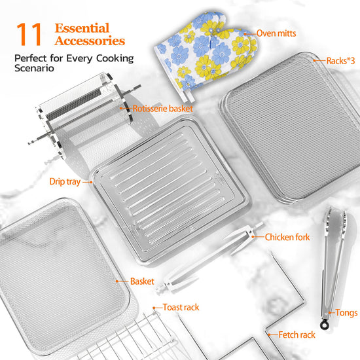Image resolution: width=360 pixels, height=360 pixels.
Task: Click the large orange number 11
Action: [x=29, y=34]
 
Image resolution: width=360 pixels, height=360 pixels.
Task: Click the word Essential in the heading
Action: [x=82, y=28]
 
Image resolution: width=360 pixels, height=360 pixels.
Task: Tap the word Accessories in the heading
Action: [x=90, y=41]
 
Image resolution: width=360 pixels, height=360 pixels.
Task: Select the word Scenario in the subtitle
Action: [x=34, y=68]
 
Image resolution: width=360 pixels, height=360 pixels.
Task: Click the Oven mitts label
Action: [x=276, y=33]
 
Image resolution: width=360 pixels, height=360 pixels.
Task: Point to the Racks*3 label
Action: [x=340, y=61]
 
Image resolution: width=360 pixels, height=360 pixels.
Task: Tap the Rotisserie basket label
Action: [x=162, y=109]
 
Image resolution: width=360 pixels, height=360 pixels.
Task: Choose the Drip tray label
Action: [x=65, y=181]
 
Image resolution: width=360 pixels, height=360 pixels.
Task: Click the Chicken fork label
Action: [x=287, y=237]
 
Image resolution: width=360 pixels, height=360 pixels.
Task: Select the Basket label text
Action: [x=142, y=281]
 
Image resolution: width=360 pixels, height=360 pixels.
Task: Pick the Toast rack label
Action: [x=181, y=307]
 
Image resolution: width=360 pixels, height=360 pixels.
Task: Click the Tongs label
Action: [x=346, y=313]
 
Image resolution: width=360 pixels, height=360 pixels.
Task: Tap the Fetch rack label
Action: [x=297, y=334]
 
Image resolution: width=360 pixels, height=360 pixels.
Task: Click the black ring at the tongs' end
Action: [x=325, y=325]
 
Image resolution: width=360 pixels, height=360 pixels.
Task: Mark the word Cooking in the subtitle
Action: [x=115, y=58]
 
